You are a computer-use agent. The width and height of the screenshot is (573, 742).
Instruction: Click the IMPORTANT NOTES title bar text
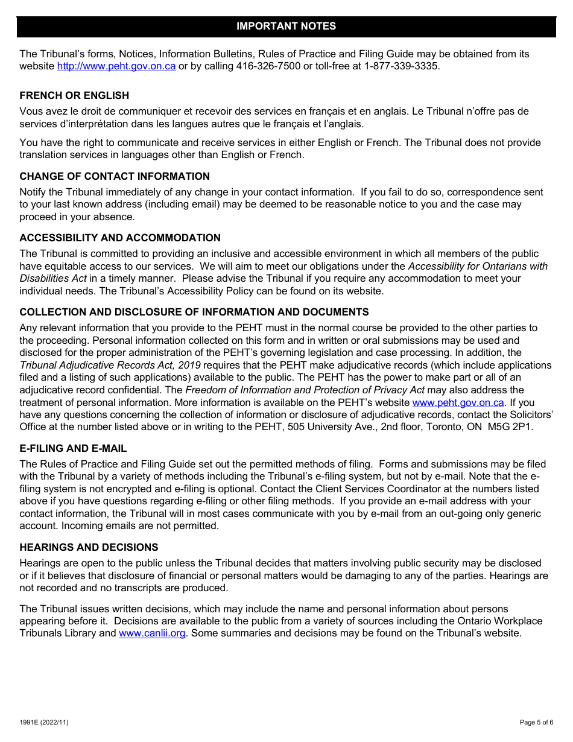tap(286, 27)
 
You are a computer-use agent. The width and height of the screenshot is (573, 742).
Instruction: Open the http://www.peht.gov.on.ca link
tap(116, 66)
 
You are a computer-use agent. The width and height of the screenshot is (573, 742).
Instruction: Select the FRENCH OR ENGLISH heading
tap(74, 95)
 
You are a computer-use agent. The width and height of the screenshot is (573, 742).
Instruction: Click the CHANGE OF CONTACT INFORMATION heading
tap(115, 176)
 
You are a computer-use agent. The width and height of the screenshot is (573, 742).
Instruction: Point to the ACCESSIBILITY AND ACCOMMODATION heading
tap(120, 238)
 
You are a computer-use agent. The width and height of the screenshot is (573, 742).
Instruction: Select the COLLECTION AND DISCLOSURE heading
tap(194, 312)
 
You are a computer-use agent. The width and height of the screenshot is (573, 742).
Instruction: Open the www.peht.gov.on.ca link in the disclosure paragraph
tap(458, 403)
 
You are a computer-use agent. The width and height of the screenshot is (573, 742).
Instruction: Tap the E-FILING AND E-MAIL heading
tap(73, 448)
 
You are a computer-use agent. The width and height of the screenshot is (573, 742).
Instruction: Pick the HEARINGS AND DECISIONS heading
tap(89, 547)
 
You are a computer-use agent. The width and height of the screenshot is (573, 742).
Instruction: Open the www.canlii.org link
tap(152, 633)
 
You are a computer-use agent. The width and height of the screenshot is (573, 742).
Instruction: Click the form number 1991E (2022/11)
tap(40, 722)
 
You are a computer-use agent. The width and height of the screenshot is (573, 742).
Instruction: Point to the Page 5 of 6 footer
tap(536, 722)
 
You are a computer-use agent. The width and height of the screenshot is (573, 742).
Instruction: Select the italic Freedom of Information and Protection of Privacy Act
tap(305, 390)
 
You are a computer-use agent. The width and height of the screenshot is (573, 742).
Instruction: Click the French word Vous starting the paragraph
tap(31, 112)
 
